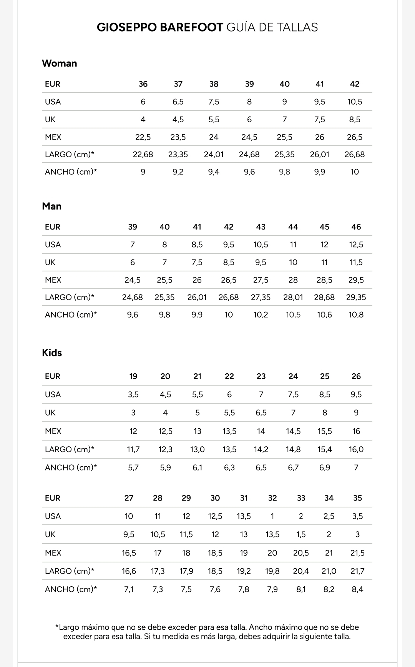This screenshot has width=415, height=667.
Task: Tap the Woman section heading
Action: tap(60, 63)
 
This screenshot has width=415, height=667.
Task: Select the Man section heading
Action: tap(52, 206)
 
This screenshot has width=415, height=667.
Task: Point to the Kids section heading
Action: tap(52, 353)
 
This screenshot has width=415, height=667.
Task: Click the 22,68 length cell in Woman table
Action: tap(143, 155)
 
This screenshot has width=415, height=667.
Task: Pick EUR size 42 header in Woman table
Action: tap(355, 84)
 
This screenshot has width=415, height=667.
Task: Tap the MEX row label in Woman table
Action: tap(53, 137)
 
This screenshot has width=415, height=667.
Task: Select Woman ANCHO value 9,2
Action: tap(178, 172)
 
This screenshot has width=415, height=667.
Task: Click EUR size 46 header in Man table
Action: tap(356, 227)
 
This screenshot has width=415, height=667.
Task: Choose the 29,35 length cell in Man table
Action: tap(356, 298)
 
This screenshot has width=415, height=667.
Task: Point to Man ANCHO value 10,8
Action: tap(356, 315)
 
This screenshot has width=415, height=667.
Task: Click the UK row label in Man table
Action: tap(50, 263)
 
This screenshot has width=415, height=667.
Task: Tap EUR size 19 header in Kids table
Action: tap(133, 376)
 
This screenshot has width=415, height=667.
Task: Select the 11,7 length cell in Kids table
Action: tap(133, 449)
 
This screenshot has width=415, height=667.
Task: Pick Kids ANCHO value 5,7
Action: tap(133, 468)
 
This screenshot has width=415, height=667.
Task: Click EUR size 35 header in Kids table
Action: tap(357, 498)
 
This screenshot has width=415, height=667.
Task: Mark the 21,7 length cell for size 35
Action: tap(357, 571)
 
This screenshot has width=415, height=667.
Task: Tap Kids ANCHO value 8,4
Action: tap(357, 589)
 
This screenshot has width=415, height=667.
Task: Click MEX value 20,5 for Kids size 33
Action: tap(301, 553)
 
